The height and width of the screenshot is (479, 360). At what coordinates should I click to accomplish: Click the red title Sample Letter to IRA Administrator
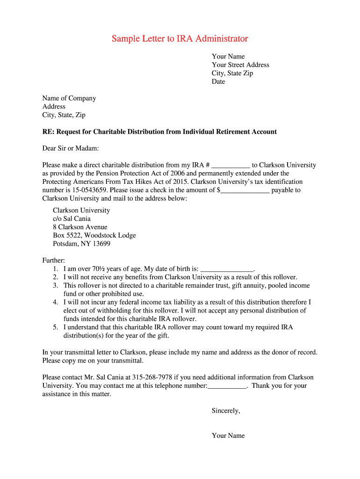[x=180, y=38]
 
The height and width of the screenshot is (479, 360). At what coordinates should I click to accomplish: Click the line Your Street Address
[x=240, y=65]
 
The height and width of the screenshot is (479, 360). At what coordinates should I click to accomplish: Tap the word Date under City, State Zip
[x=218, y=82]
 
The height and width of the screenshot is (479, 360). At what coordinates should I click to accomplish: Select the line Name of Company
[x=69, y=98]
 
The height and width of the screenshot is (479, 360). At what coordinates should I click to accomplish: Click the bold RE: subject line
[x=159, y=132]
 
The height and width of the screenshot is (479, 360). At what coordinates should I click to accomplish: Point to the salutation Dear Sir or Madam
[x=71, y=148]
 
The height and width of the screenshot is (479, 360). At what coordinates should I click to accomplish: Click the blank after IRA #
[x=231, y=166]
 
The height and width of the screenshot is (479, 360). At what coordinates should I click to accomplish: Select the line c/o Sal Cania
[x=72, y=219]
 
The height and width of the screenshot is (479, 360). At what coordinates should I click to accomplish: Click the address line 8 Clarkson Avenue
[x=80, y=227]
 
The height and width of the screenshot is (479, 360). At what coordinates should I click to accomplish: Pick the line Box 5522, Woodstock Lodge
[x=94, y=236]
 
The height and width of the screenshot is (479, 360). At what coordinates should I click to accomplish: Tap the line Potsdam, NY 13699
[x=81, y=244]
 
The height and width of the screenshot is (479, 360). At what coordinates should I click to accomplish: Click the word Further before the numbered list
[x=54, y=261]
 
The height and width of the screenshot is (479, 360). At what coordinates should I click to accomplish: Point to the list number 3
[x=55, y=286]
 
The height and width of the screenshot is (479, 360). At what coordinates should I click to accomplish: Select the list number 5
[x=55, y=327]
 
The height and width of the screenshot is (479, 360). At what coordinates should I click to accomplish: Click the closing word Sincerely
[x=226, y=411]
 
